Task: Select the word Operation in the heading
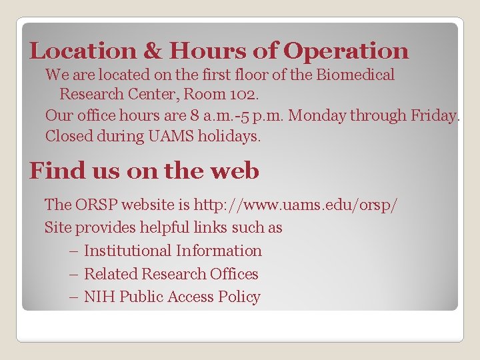[x=346, y=51]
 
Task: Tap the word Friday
[x=433, y=115]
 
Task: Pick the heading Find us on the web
[x=144, y=171]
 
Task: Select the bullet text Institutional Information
[x=173, y=251]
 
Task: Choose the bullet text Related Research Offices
[x=171, y=274]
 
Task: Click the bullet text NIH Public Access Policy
[x=172, y=297]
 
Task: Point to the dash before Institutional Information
[x=73, y=251]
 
